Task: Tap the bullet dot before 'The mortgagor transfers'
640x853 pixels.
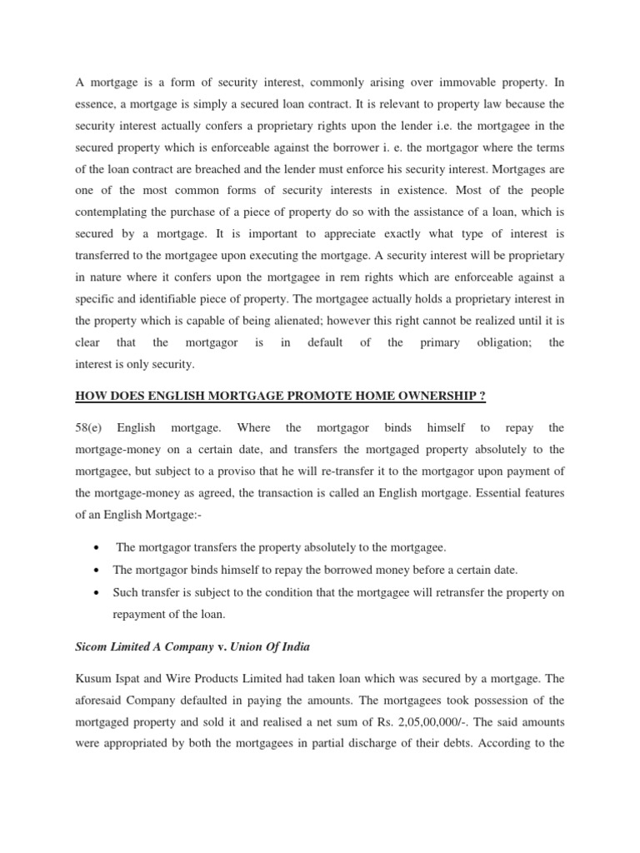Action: [99, 548]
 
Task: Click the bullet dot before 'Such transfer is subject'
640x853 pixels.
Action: [99, 591]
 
